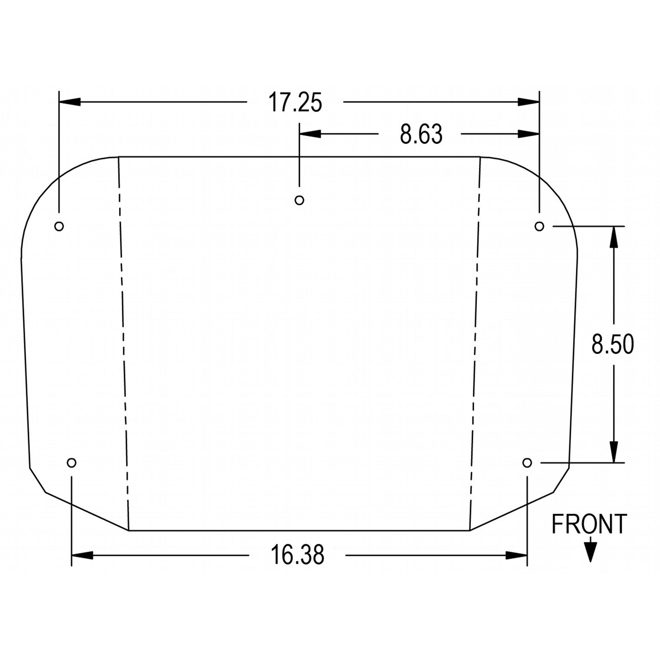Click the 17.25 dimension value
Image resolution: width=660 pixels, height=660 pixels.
[295, 102]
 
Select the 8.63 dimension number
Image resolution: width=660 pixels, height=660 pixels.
[421, 134]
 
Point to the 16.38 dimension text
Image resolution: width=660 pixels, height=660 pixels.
[297, 555]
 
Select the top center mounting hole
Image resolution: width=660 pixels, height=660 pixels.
[299, 200]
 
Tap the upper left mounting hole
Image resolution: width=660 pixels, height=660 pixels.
[59, 226]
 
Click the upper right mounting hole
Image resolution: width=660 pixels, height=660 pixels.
[539, 226]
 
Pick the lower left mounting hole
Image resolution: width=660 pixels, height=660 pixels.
[71, 463]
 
